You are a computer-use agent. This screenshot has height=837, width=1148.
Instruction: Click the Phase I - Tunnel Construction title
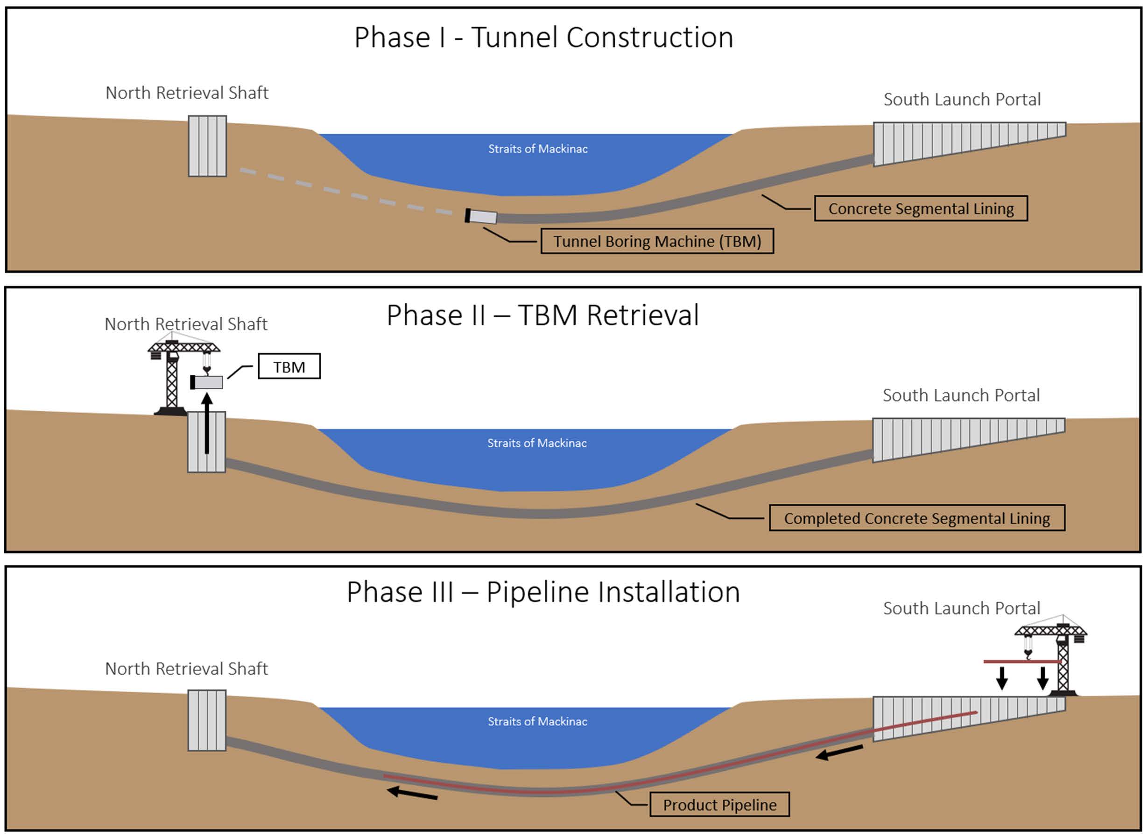point(543,37)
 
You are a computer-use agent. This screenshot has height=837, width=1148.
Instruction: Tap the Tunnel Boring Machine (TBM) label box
point(656,241)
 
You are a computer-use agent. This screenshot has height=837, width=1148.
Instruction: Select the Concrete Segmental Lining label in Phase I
point(920,209)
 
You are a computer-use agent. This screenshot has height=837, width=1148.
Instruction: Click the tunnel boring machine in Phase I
point(481,216)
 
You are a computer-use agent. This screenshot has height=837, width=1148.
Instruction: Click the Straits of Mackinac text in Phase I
point(537,149)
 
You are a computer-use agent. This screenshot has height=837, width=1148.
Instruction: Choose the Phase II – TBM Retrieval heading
point(542,315)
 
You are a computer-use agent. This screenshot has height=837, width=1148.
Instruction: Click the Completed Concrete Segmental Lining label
point(917,518)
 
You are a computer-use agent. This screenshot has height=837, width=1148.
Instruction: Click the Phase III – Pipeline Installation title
point(542,592)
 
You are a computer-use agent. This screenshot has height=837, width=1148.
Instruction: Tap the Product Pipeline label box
point(719,805)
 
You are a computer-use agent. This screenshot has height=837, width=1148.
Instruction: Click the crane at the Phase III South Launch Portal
point(1062,658)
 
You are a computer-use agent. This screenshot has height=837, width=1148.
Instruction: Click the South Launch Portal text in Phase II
point(961,395)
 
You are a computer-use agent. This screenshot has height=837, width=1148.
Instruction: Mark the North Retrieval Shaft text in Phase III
point(186,669)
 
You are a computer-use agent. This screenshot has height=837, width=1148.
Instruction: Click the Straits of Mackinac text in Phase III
point(537,722)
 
